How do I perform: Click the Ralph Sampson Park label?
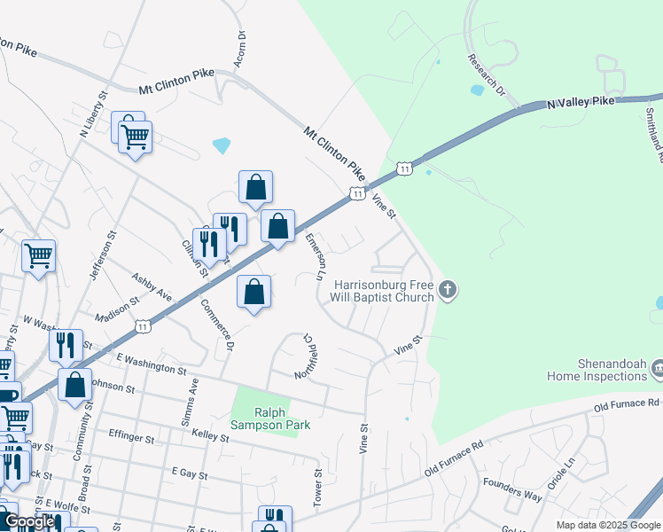(283, 418)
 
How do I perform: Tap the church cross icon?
(448, 289)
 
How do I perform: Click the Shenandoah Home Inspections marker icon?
(658, 367)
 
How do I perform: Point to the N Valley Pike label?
(581, 103)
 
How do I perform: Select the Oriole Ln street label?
(560, 474)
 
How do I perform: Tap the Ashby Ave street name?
(152, 288)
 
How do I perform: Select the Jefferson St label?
(103, 258)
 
